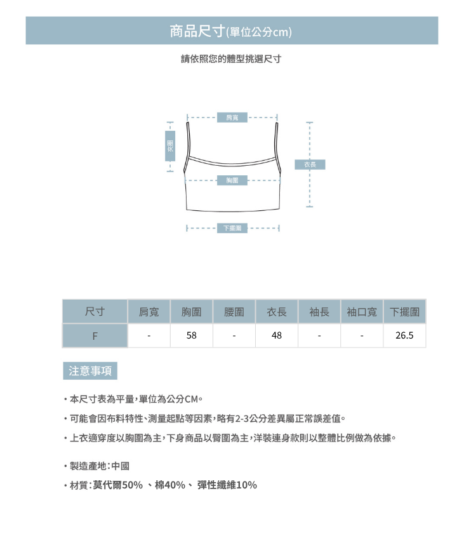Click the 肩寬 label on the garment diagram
pos(232,117)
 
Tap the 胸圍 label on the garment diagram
pos(232,180)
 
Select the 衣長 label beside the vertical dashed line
pos(310,165)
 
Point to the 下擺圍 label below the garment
pos(232,228)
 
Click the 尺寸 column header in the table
pos(95,312)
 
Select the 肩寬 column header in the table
pos(149,312)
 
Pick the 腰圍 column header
pos(234,312)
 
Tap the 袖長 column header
pos(319,312)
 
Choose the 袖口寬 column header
pos(362,312)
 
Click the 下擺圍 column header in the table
pos(404,312)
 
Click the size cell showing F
pos(95,335)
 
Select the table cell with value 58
pos(191,335)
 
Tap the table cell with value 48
pos(277,335)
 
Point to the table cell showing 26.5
pos(404,335)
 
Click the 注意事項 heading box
pos(89,371)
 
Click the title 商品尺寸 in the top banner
pos(197,30)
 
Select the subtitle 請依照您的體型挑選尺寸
pos(231,59)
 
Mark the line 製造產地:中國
pos(100,466)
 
